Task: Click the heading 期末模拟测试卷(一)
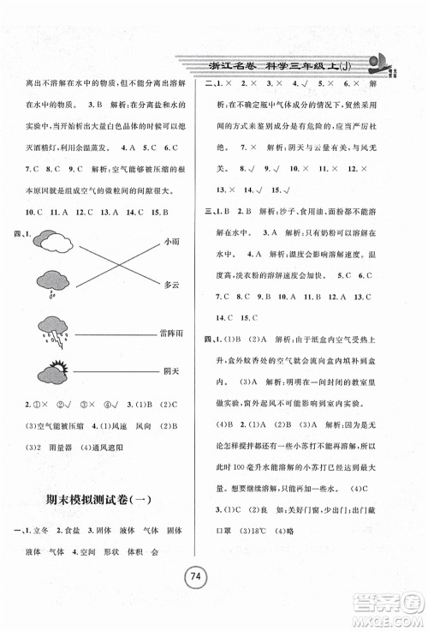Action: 108,502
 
